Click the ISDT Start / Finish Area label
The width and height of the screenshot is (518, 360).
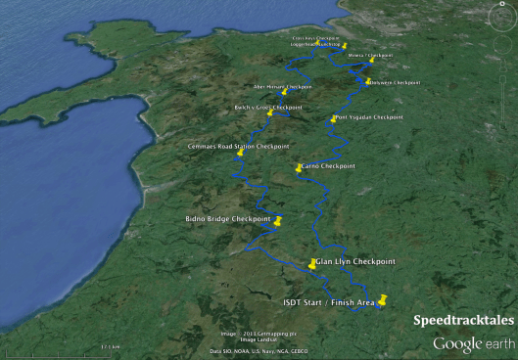(326, 302)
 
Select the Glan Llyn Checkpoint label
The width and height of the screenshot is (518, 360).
(354, 262)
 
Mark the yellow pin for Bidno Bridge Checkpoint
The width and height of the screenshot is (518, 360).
(278, 221)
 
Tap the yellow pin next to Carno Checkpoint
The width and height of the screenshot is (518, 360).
(300, 168)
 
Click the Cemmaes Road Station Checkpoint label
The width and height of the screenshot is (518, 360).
(238, 147)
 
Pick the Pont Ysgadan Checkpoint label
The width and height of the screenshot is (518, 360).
(368, 117)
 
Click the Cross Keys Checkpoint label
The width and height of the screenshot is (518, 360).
(315, 39)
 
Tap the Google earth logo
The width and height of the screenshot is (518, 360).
(473, 343)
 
